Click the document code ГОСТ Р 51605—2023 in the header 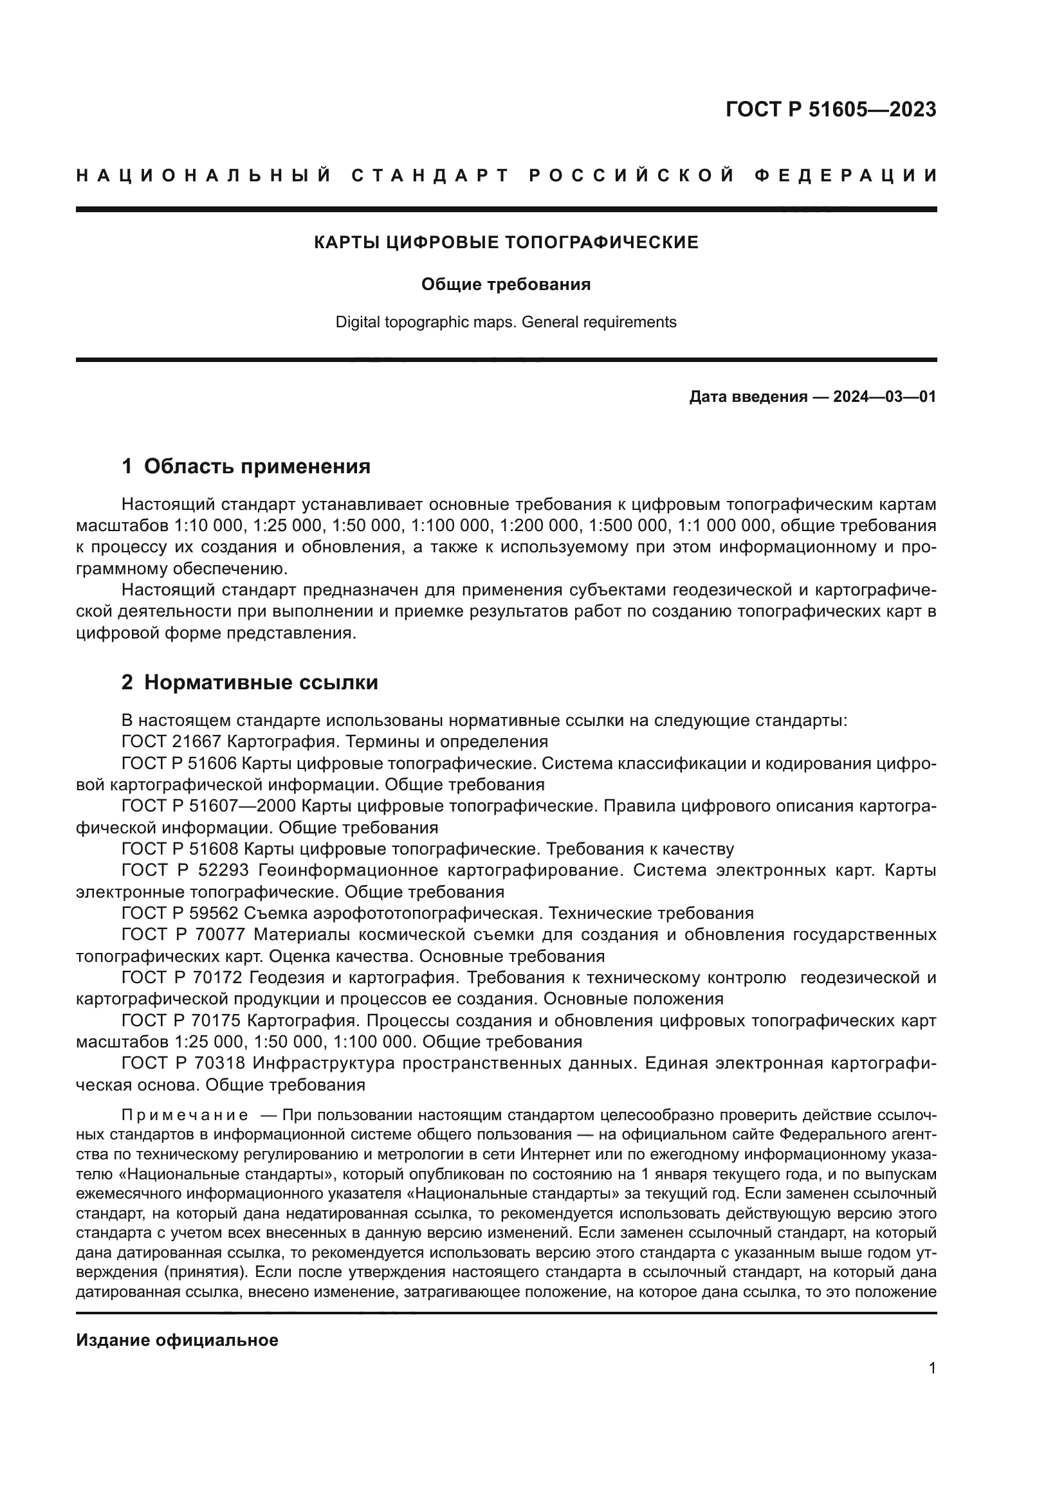coord(830,109)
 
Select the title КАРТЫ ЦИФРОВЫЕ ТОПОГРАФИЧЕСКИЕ coord(506,242)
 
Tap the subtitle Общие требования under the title coord(506,284)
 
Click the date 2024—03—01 coord(884,396)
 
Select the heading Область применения coord(257,466)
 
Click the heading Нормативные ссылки coord(261,683)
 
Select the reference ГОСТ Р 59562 coord(181,913)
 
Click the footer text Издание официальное coord(177,1340)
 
